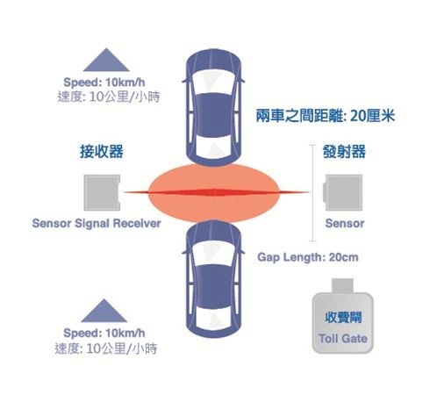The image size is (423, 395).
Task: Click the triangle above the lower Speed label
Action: [x=104, y=312]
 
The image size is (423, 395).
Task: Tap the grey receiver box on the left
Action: [x=102, y=192]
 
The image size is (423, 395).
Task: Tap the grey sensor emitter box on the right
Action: [x=343, y=192]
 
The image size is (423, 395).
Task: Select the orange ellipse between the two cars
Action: [x=214, y=193]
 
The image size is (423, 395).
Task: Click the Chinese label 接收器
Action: [x=102, y=152]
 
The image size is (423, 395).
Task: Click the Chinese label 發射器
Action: [x=344, y=152]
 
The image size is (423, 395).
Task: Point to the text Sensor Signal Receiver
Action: [x=97, y=223]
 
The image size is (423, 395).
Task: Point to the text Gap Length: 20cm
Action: [x=308, y=257]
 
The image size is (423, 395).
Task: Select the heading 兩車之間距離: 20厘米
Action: [x=326, y=116]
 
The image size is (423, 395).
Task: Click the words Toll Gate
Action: [x=343, y=339]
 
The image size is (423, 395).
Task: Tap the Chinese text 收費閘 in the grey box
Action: [x=343, y=318]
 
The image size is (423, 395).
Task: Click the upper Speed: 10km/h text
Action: [x=104, y=83]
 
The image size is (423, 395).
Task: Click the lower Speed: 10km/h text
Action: [x=104, y=333]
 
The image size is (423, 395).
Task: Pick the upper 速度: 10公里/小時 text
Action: [x=109, y=97]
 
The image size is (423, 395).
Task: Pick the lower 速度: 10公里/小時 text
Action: [x=106, y=348]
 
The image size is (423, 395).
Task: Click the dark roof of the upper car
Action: [x=214, y=115]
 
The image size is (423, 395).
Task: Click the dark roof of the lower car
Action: [x=214, y=286]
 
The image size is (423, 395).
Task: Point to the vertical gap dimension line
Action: [x=312, y=193]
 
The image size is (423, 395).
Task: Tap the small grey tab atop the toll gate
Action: [x=342, y=286]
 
